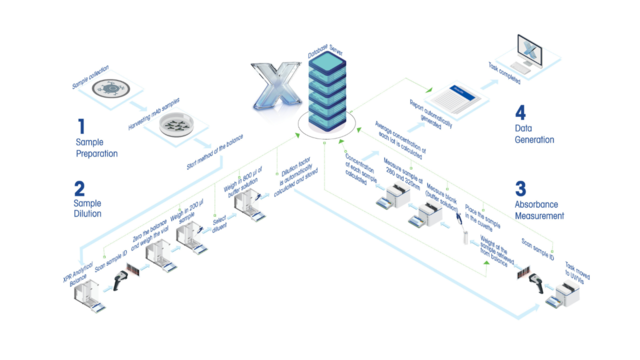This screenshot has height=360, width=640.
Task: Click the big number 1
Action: pos(80,127)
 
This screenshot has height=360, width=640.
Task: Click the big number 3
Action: pos(519,188)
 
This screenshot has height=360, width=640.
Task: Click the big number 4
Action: pos(519,114)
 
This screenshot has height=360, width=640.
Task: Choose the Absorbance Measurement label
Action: pos(539,207)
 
